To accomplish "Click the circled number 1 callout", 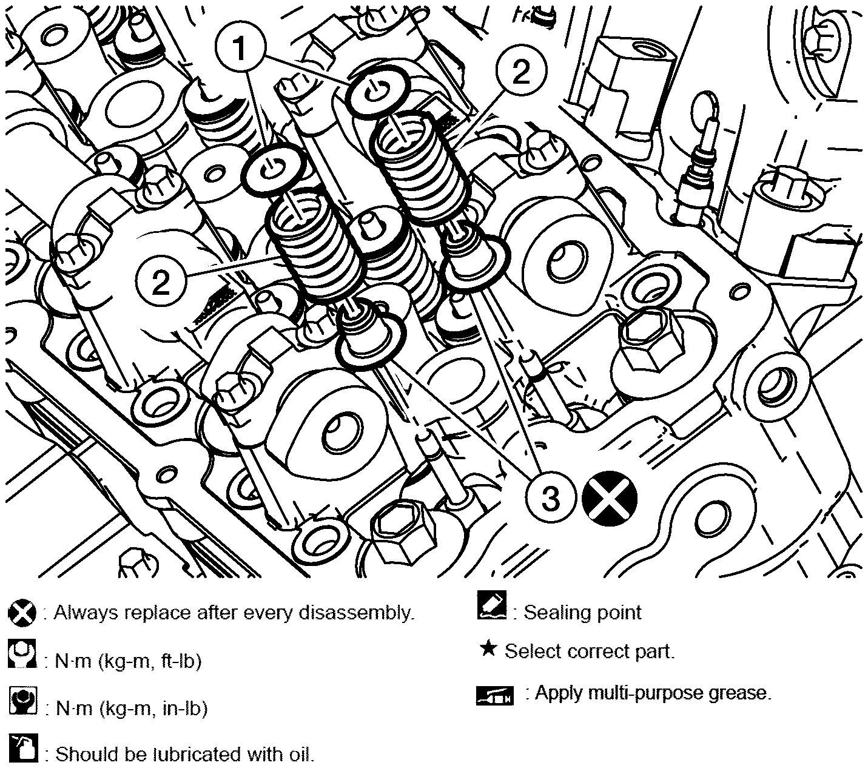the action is pyautogui.click(x=240, y=48).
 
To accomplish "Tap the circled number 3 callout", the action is pyautogui.click(x=551, y=498).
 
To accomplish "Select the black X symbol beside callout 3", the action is pyautogui.click(x=609, y=498).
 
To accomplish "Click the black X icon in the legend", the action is pyautogui.click(x=22, y=613).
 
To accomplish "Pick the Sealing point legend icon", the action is pyautogui.click(x=491, y=605).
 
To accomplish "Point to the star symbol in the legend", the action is pyautogui.click(x=488, y=649).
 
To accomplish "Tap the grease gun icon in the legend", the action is pyautogui.click(x=494, y=696).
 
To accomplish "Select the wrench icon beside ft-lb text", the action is pyautogui.click(x=22, y=654).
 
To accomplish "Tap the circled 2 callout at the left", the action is pyautogui.click(x=161, y=283).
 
